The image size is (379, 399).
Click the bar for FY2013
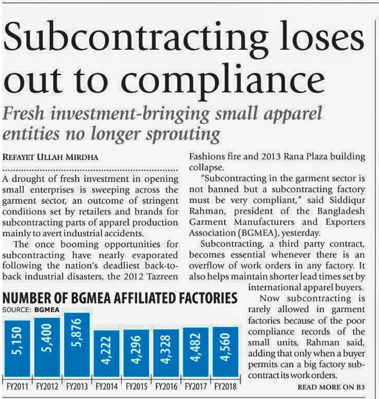click(77, 345)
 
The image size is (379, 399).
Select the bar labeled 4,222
click(106, 353)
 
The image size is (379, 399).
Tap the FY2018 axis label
click(226, 386)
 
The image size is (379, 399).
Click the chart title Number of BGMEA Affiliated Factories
click(120, 299)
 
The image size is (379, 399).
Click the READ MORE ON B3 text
click(331, 387)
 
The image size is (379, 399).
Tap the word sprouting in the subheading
click(188, 133)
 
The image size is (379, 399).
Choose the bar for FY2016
click(166, 353)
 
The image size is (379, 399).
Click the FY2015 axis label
click(136, 386)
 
